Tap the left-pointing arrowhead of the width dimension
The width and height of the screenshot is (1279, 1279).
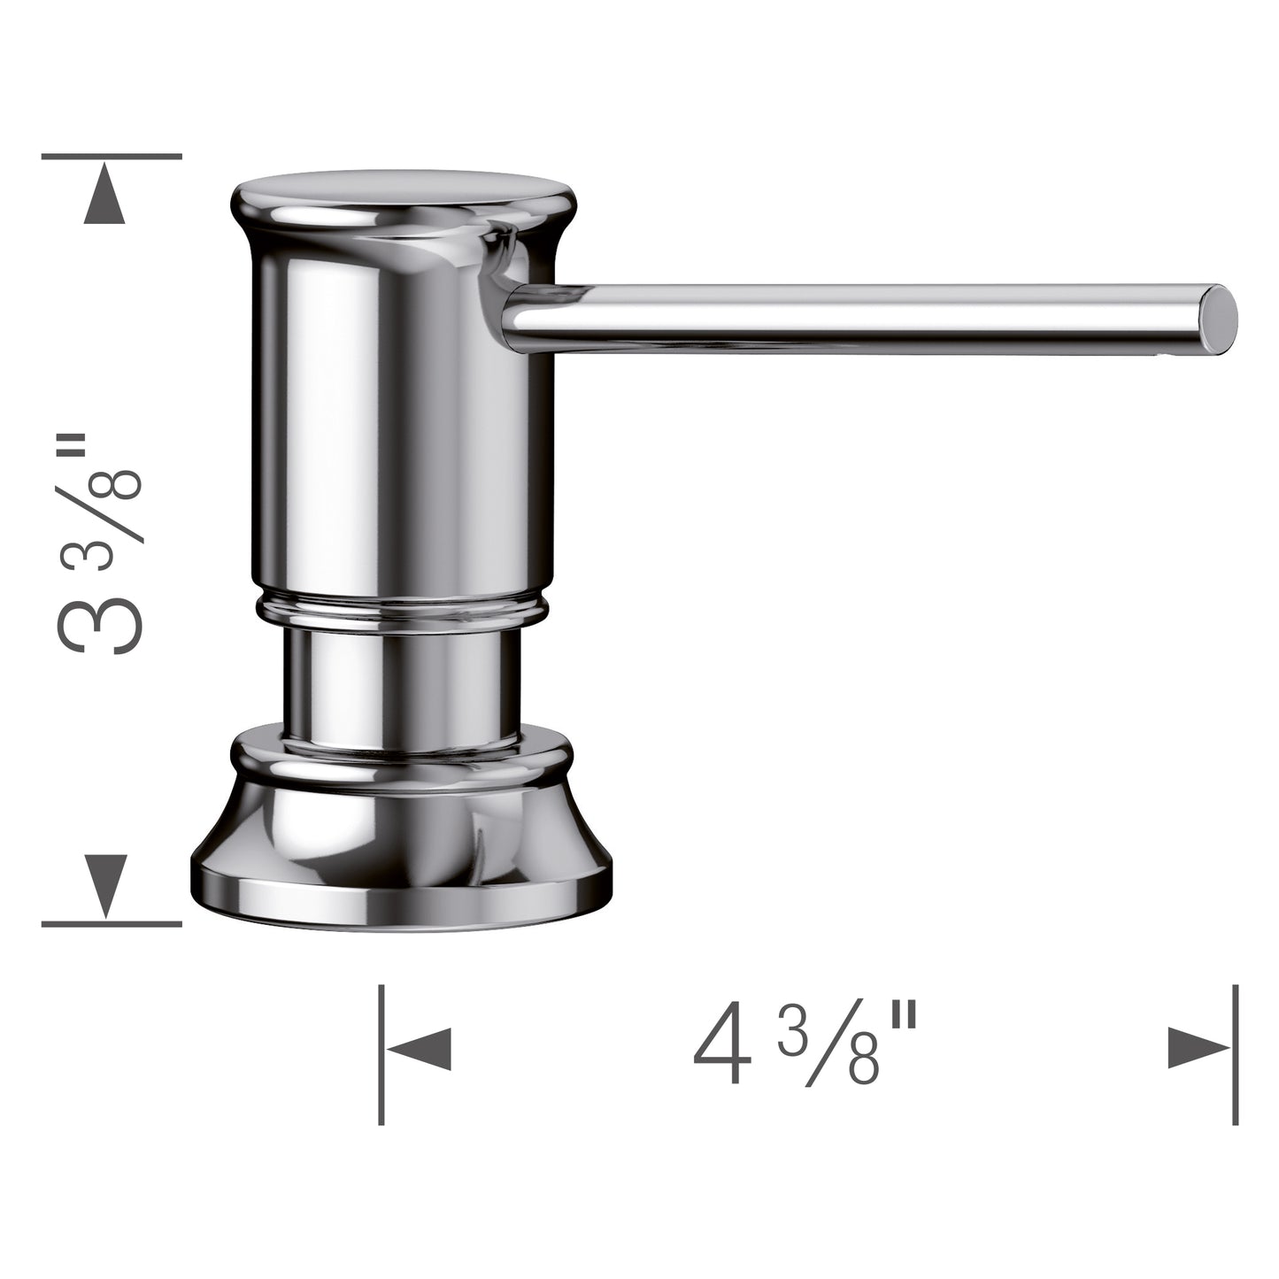420,1050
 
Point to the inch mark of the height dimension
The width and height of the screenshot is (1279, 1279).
96,451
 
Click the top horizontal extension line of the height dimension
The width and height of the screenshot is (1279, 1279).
112,156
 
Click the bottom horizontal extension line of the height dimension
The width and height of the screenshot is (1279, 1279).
112,923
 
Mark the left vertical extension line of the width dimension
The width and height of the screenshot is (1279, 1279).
381,1054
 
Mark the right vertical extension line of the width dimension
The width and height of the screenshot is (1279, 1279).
1236,1054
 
